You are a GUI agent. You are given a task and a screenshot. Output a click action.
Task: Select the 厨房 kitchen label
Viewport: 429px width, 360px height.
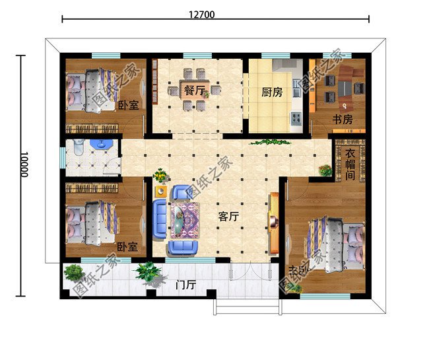pos(272,92)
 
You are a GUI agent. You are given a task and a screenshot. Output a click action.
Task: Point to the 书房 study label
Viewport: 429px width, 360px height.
pos(342,120)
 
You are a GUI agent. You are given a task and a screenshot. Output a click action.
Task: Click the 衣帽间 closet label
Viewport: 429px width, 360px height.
pos(350,164)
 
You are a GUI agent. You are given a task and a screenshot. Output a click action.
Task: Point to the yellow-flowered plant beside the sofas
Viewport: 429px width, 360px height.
pos(160,176)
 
